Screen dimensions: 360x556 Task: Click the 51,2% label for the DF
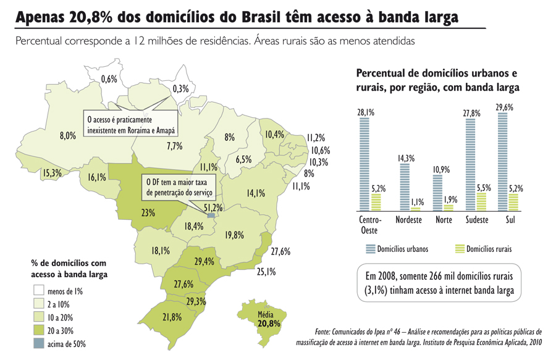point(213,207)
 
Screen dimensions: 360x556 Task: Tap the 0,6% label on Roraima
point(109,79)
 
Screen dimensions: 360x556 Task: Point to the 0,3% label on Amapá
point(180,89)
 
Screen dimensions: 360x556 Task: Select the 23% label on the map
point(148,213)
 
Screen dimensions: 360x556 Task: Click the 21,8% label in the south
point(172,317)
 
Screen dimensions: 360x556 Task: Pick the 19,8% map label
point(234,235)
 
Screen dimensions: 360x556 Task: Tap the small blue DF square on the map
point(212,216)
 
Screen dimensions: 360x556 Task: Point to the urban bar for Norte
point(437,193)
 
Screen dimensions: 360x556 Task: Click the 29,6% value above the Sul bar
point(504,107)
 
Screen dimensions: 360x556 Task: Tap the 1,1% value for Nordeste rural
point(418,201)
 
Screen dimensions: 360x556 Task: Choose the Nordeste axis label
point(407,220)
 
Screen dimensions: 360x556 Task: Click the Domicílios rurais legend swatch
point(459,249)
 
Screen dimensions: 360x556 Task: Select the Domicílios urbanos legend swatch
point(370,249)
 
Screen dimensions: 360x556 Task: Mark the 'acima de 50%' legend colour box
point(38,343)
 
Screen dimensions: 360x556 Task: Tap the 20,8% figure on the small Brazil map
point(269,323)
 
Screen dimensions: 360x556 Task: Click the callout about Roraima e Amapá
point(130,125)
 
